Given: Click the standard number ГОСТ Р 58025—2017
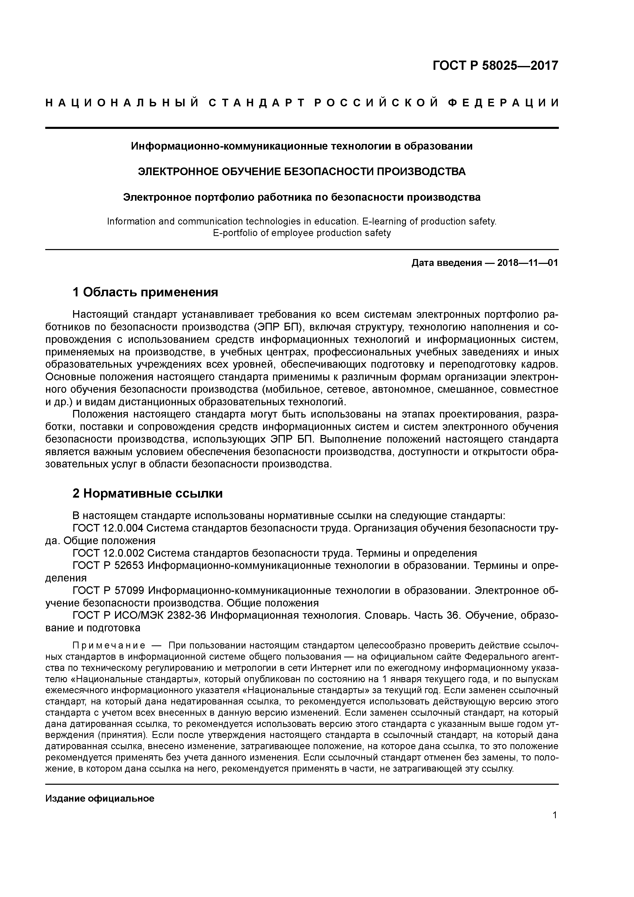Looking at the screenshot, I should [495, 66].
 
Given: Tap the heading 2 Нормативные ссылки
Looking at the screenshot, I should [148, 494].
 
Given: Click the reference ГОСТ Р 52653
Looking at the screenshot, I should [109, 566].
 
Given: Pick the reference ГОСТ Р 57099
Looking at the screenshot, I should [109, 591].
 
